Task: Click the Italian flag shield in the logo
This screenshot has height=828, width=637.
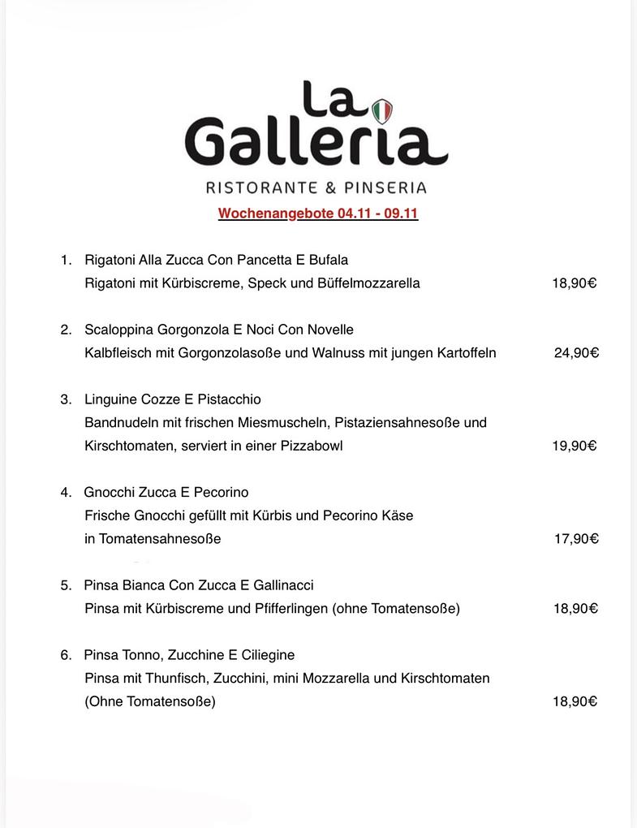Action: click(x=381, y=110)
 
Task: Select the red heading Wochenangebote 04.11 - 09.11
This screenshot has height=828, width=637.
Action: click(x=318, y=214)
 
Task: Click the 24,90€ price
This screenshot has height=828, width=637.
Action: click(x=576, y=353)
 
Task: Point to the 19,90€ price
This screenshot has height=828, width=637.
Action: click(x=575, y=446)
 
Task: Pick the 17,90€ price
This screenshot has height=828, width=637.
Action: click(x=576, y=538)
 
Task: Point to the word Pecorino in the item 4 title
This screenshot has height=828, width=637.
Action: click(x=221, y=492)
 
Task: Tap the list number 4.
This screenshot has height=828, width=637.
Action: click(x=65, y=492)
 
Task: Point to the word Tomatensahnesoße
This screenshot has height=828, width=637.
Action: click(x=160, y=538)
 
